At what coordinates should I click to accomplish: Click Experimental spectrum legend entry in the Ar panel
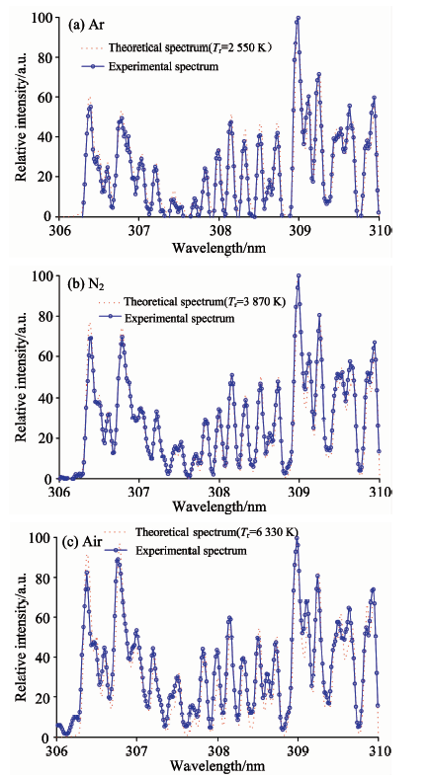pyautogui.click(x=150, y=66)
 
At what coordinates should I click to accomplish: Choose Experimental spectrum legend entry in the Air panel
pyautogui.click(x=176, y=550)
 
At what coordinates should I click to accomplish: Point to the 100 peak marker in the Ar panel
pyautogui.click(x=298, y=18)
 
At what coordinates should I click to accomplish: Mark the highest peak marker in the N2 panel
pyautogui.click(x=299, y=275)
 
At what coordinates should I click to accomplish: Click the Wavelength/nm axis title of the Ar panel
pyautogui.click(x=218, y=248)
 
